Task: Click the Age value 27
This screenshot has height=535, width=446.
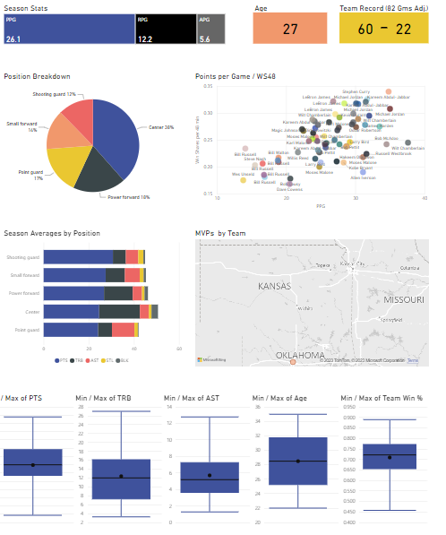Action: coord(289,30)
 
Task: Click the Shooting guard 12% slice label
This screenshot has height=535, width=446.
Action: coord(59,94)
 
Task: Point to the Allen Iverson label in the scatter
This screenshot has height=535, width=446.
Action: coord(363,177)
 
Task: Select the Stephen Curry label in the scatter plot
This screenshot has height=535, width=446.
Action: coord(356,92)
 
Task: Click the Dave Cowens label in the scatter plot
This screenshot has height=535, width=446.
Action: coord(289,190)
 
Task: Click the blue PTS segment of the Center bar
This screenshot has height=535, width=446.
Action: coord(71,311)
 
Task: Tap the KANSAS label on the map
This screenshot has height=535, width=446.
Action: coord(274,287)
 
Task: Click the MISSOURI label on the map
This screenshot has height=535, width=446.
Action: coord(402,298)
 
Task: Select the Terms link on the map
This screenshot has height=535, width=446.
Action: coord(413,360)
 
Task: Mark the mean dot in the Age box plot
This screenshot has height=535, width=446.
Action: coord(297,461)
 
